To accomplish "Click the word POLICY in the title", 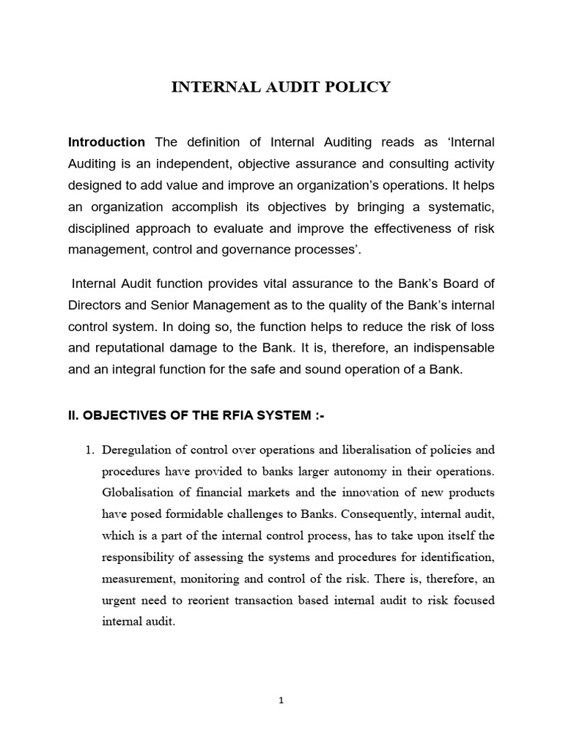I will [x=359, y=88].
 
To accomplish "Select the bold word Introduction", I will [x=106, y=141].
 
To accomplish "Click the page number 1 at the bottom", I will [x=281, y=700].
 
